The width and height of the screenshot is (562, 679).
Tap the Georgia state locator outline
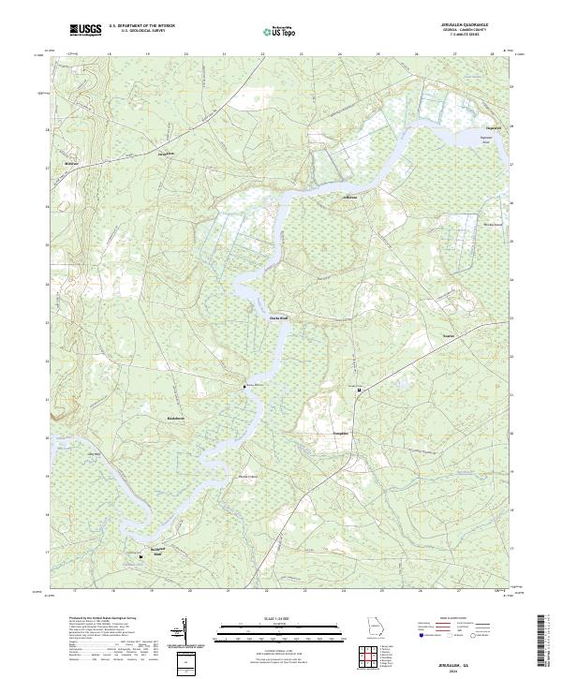373,629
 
